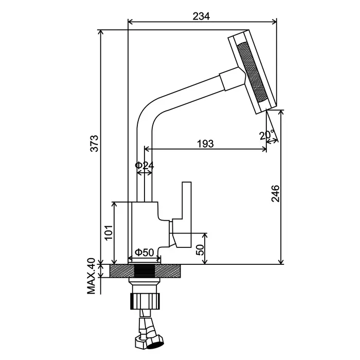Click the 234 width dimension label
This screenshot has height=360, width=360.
point(202,15)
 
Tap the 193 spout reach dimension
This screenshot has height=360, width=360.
point(205,143)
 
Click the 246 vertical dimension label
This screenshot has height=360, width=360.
point(276,193)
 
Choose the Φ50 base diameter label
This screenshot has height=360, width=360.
point(145,252)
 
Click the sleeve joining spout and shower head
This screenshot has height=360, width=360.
point(230,81)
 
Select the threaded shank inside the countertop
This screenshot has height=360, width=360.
point(145,271)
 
